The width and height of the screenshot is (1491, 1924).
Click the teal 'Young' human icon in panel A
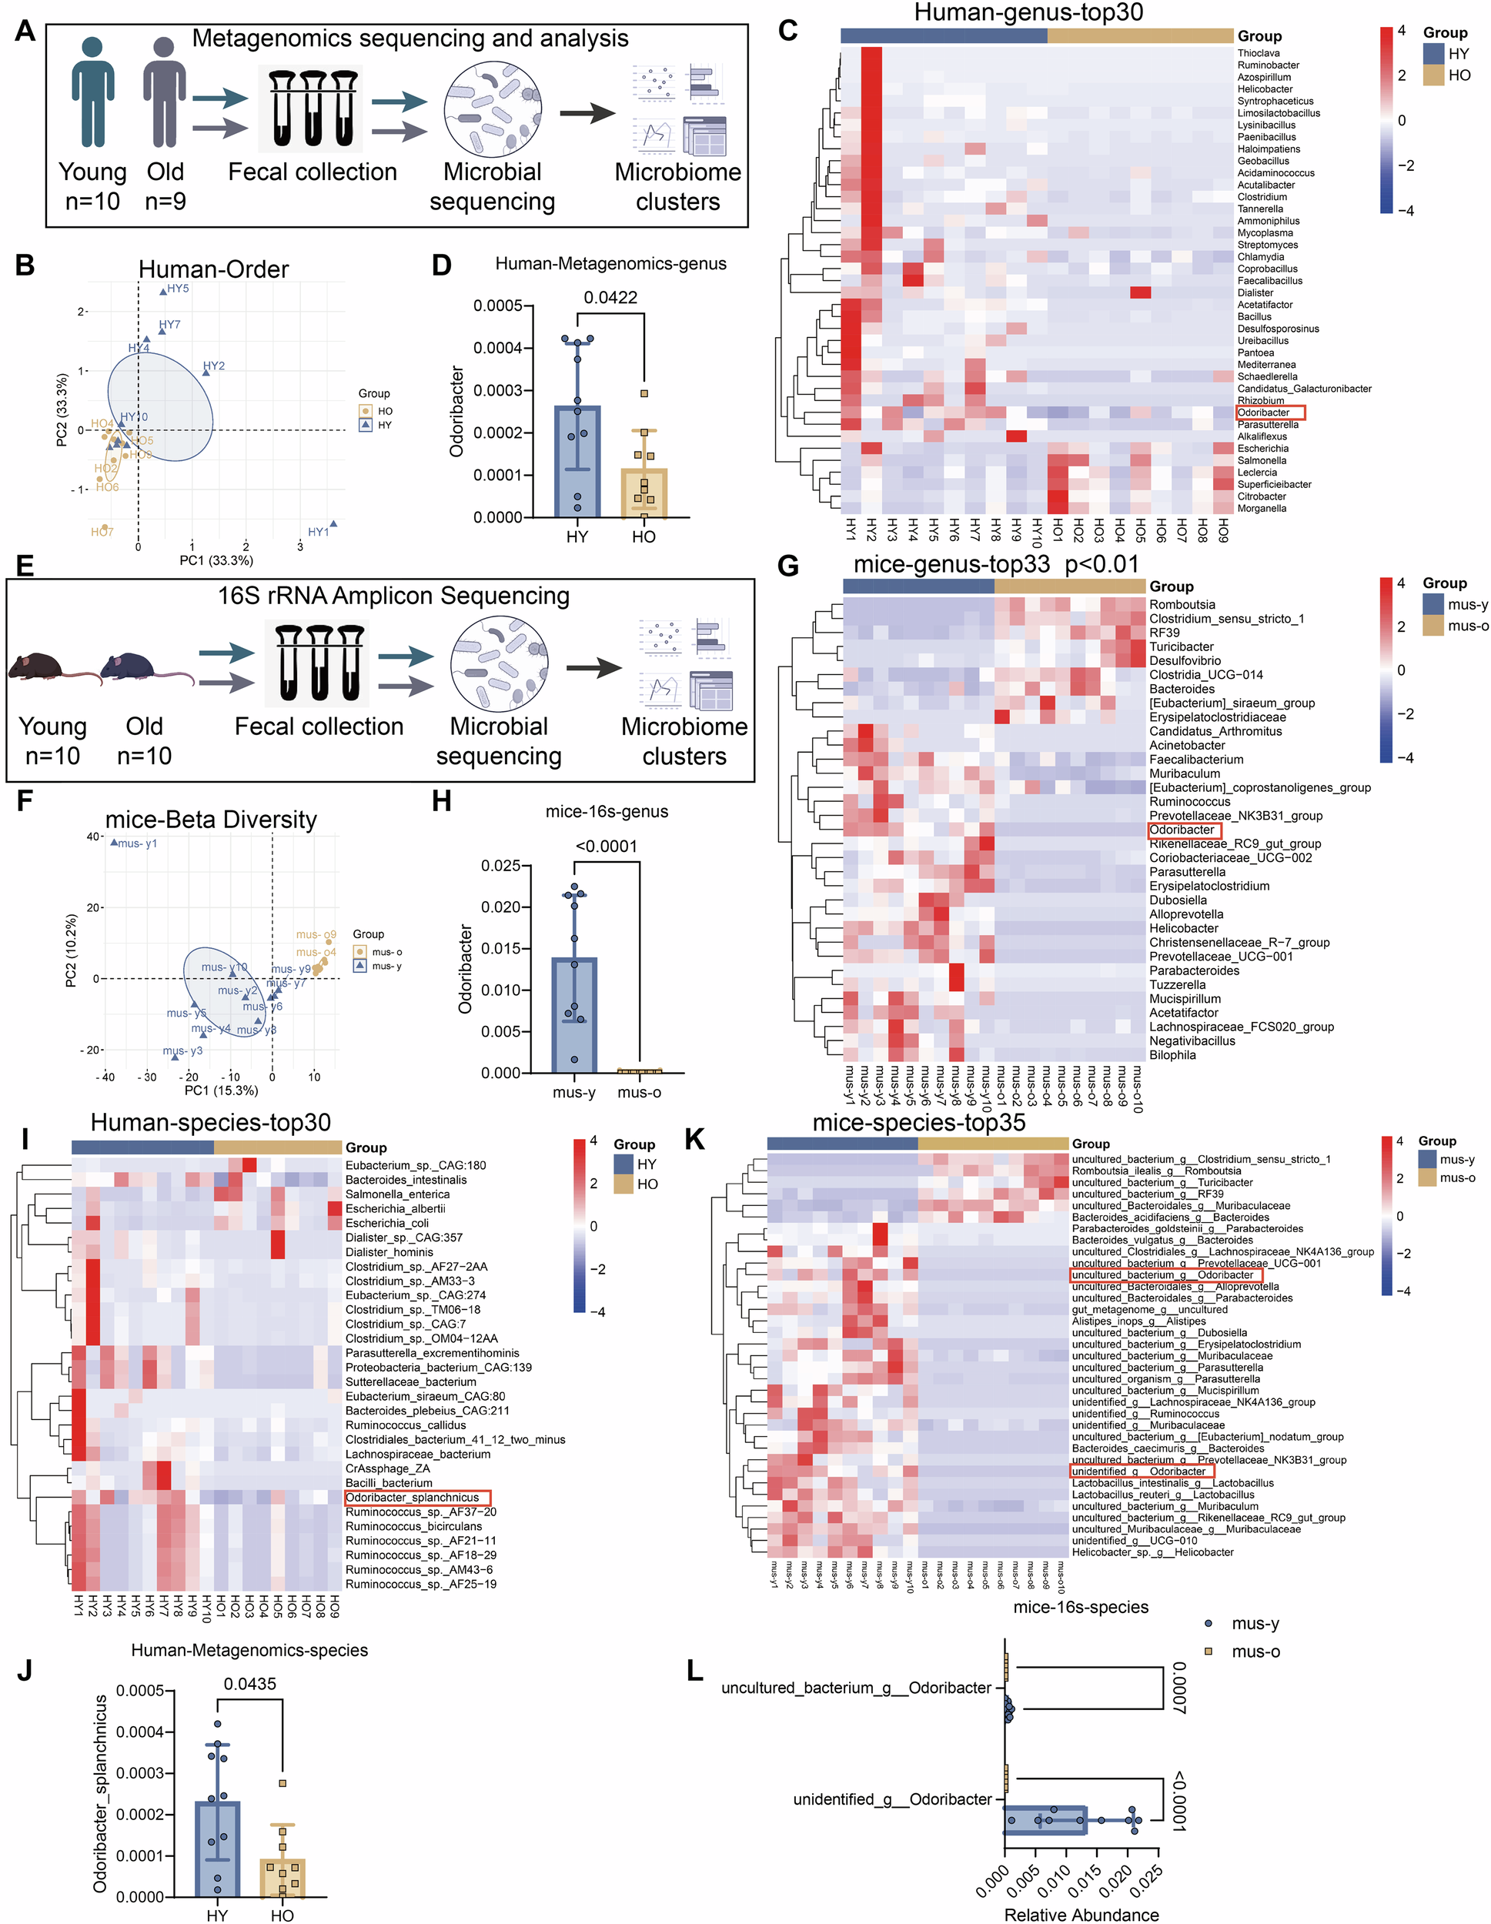(x=92, y=92)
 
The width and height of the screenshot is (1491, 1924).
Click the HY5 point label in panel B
(x=177, y=288)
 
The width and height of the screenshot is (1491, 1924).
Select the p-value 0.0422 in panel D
(x=610, y=297)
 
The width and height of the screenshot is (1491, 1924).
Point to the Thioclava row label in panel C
(x=1259, y=53)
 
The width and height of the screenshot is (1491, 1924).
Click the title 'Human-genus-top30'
(x=1028, y=12)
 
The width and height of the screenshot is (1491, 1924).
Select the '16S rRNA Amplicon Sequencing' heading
(x=393, y=596)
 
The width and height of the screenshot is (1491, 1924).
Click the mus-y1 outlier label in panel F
(x=138, y=843)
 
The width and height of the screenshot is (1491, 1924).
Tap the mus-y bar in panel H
(x=573, y=1013)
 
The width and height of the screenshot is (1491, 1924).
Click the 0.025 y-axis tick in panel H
(x=500, y=866)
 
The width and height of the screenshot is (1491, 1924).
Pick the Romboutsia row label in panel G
(x=1182, y=604)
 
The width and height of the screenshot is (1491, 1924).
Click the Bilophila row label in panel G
(x=1172, y=1054)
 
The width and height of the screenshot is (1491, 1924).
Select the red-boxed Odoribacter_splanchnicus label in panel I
(x=416, y=1498)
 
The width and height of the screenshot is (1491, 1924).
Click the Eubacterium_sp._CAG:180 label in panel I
(x=415, y=1164)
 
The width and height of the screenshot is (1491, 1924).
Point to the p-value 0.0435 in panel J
(x=249, y=1684)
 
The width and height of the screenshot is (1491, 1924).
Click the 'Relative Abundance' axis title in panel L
(x=1081, y=1914)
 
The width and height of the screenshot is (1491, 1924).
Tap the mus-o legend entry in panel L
(x=1254, y=1652)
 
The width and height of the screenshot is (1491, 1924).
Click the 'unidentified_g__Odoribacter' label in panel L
(x=892, y=1799)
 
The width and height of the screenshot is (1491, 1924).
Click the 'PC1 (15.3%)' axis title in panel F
(x=221, y=1090)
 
